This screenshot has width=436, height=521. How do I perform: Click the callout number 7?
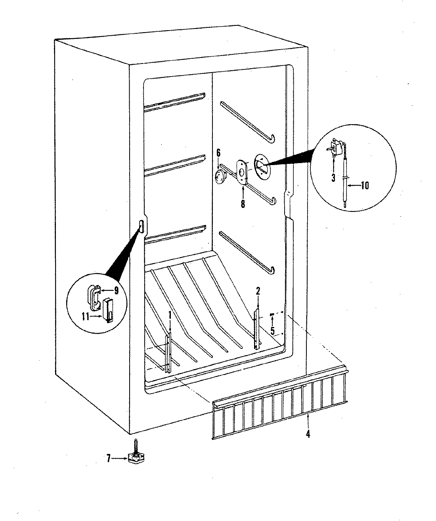(108, 459)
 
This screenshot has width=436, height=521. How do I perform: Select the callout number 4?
(308, 434)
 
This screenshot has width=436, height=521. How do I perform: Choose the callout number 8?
(243, 204)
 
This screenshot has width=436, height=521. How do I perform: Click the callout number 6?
(218, 152)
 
